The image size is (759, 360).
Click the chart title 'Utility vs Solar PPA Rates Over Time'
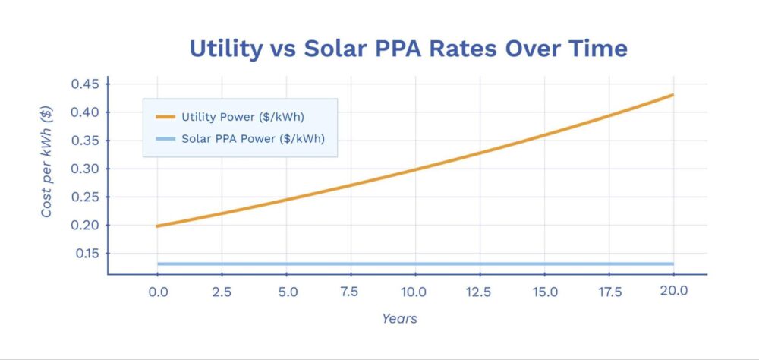[408, 49]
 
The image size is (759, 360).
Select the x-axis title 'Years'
[399, 319]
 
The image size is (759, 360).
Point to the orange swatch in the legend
[165, 118]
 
